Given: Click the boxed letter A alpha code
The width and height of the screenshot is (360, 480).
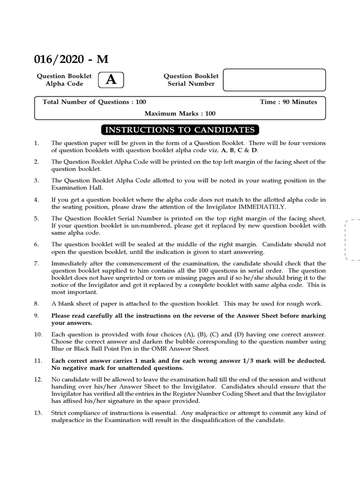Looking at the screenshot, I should pos(111,80).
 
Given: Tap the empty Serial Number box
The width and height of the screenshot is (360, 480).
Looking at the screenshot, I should pos(274,80).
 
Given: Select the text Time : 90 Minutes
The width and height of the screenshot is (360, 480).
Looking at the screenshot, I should pos(288,102).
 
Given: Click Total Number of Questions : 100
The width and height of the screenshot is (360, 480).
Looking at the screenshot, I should pos(94,102).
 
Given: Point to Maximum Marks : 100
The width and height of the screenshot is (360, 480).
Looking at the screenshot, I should pos(180,113).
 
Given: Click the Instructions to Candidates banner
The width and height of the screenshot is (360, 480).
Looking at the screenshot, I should pos(180,130).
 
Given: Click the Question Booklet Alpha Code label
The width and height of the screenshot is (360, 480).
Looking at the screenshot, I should pos(64,80).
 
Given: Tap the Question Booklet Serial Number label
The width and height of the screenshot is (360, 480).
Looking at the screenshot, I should pos(191,80).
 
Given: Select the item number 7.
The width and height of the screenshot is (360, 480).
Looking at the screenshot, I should pos(36,263).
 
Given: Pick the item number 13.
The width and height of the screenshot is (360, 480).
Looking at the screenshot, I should pos(38,412).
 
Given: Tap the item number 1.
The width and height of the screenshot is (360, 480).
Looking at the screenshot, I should pos(36,143).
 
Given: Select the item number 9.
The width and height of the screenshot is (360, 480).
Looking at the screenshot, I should pos(36,315).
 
